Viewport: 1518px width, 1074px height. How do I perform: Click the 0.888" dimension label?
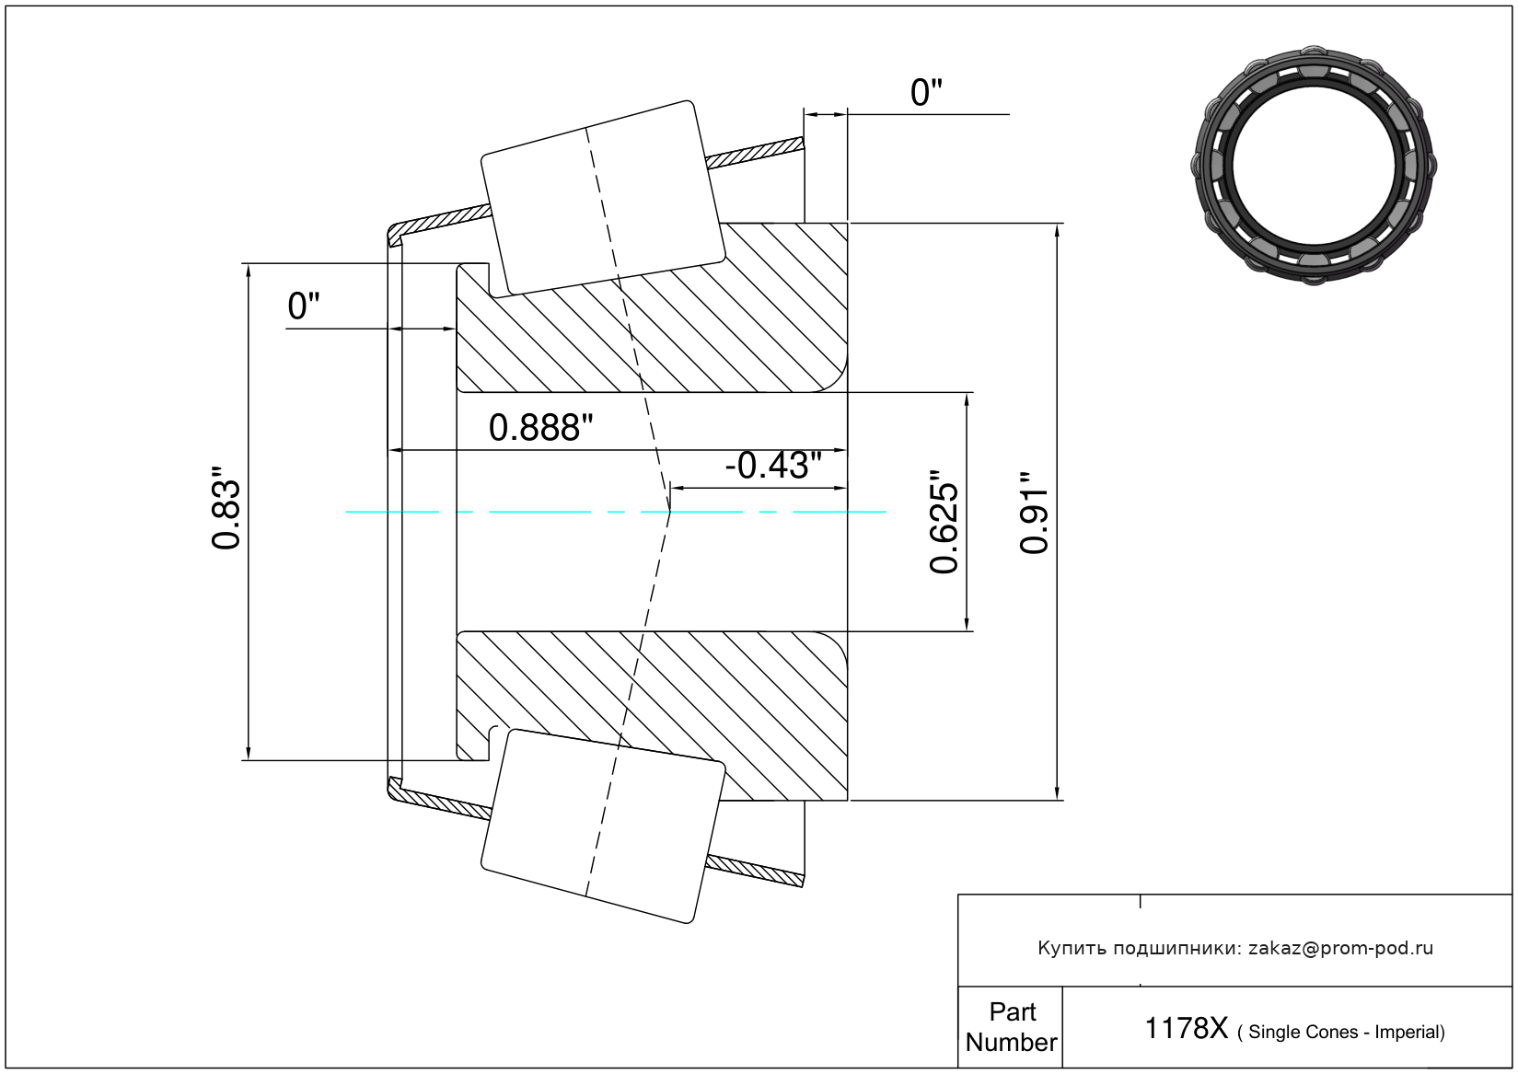click(x=540, y=428)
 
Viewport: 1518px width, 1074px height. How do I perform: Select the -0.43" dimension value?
click(x=773, y=466)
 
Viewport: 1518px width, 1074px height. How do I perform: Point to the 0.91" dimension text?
click(x=1034, y=513)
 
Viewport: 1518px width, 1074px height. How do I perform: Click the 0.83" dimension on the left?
click(x=226, y=507)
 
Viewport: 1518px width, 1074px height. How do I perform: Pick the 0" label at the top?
click(x=926, y=93)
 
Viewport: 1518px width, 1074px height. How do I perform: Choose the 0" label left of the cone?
click(x=303, y=306)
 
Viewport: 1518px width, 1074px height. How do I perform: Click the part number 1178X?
click(x=1186, y=1028)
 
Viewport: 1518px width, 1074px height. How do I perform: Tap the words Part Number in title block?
click(x=1011, y=1027)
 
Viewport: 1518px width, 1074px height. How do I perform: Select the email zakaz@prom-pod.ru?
click(x=1340, y=948)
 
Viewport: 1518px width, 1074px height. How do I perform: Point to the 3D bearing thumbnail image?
click(x=1314, y=166)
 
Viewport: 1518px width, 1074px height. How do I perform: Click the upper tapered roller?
click(x=603, y=199)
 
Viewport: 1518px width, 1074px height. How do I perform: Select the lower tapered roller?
click(x=603, y=826)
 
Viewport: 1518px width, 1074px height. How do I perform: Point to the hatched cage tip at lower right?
click(x=755, y=872)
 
